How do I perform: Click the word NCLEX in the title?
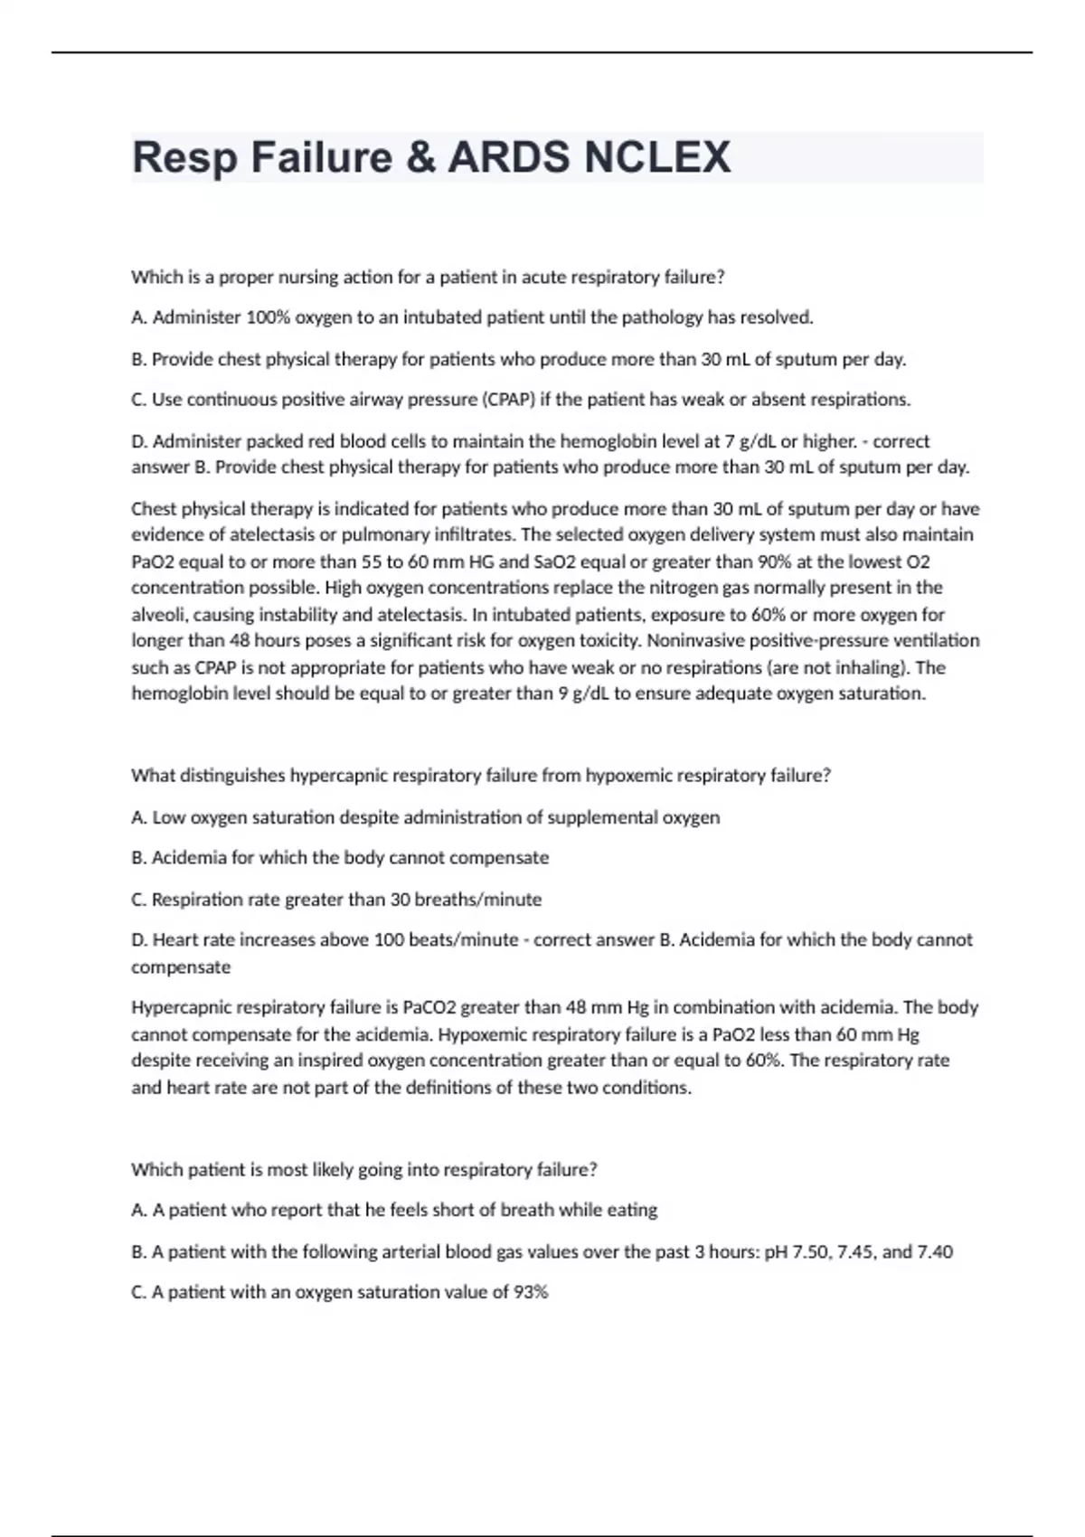(657, 157)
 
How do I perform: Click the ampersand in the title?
(420, 157)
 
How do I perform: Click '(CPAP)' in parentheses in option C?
(507, 400)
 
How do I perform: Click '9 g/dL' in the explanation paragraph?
(584, 693)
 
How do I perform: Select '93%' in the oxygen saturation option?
(531, 1292)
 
